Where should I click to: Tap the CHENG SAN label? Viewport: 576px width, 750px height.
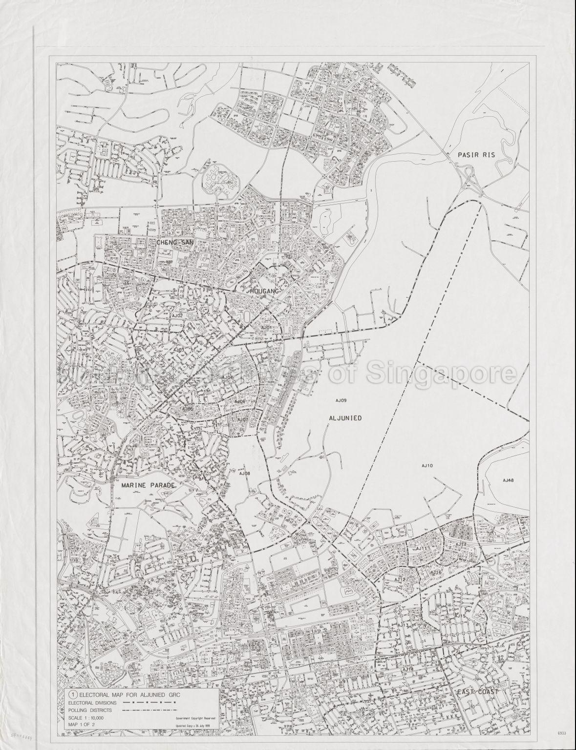click(174, 242)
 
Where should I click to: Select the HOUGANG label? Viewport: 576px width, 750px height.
click(264, 292)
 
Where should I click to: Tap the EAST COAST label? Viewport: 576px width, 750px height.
click(477, 692)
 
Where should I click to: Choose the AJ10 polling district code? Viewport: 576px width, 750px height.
click(427, 466)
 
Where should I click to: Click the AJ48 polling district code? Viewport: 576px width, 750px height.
click(508, 480)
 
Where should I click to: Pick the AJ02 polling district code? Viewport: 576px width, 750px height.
click(176, 316)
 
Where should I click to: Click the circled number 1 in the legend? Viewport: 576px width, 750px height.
click(73, 693)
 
